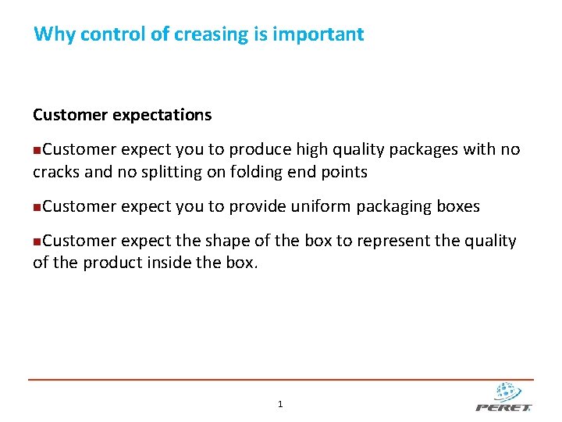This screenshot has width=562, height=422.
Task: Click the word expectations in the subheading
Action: (x=162, y=115)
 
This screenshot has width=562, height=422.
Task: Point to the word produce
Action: (x=256, y=150)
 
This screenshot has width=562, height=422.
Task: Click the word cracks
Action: (x=57, y=172)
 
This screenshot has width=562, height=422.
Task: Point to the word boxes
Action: (x=458, y=206)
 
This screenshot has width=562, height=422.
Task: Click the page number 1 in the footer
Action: (x=280, y=404)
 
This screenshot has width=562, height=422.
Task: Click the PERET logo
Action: (x=504, y=397)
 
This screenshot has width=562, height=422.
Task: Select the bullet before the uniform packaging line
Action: (x=37, y=207)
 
